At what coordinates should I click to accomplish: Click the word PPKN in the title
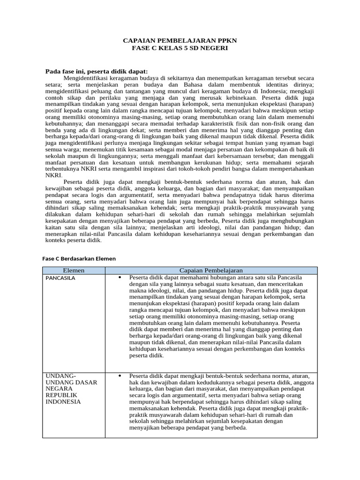(226, 41)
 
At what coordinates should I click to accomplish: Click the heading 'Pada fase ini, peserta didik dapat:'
(96, 71)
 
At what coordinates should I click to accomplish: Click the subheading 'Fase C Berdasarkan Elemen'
(79, 258)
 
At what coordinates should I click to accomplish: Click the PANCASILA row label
(60, 278)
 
